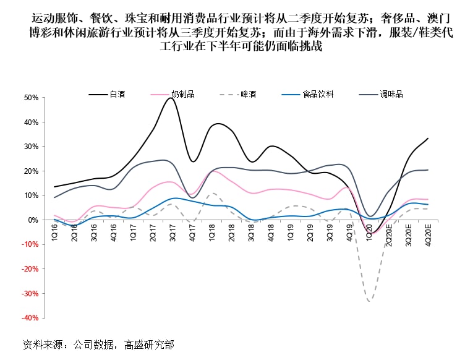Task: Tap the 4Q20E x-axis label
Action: tap(427, 233)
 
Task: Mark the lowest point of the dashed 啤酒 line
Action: tap(370, 301)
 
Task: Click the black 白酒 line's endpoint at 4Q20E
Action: tap(428, 139)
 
